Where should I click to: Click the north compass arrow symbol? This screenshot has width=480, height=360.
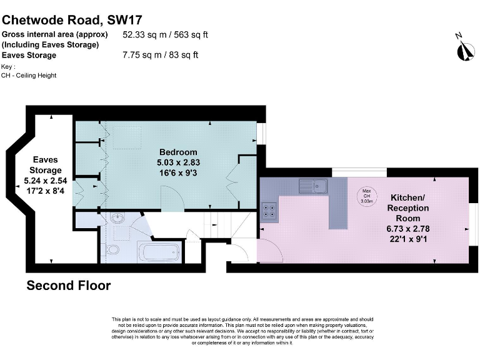pyautogui.click(x=463, y=49)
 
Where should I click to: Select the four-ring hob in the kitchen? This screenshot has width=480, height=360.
pyautogui.click(x=270, y=211)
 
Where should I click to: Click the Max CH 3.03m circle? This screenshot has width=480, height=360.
pyautogui.click(x=367, y=196)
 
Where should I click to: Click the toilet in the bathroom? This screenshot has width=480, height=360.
pyautogui.click(x=113, y=251)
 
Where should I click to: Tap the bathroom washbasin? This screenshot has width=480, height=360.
pyautogui.click(x=117, y=219)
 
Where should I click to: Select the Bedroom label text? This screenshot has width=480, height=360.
pyautogui.click(x=178, y=152)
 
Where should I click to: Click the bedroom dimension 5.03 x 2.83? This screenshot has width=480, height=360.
pyautogui.click(x=178, y=162)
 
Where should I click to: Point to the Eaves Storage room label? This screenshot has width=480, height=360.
pyautogui.click(x=47, y=165)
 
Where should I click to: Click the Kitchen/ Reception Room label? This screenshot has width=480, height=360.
pyautogui.click(x=408, y=202)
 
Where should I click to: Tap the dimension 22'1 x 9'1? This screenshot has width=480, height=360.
pyautogui.click(x=408, y=239)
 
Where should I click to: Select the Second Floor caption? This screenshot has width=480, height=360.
pyautogui.click(x=68, y=286)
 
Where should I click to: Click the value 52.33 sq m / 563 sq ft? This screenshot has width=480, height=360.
pyautogui.click(x=165, y=34)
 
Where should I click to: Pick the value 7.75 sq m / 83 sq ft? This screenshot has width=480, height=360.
pyautogui.click(x=161, y=55)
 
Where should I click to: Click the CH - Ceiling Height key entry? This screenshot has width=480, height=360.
pyautogui.click(x=29, y=76)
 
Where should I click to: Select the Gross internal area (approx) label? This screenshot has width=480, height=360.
pyautogui.click(x=55, y=34)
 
